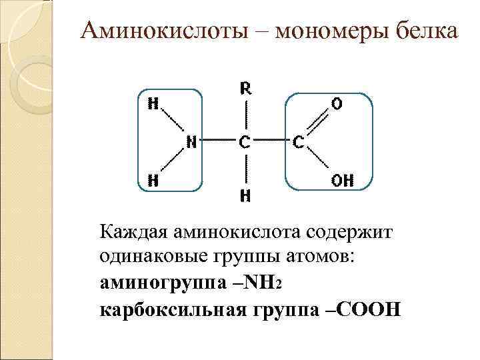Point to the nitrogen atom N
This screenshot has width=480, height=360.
click(x=191, y=141)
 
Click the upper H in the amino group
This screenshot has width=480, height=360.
click(x=153, y=104)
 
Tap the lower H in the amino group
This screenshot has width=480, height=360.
click(x=153, y=179)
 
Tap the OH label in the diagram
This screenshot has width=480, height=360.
click(x=343, y=179)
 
